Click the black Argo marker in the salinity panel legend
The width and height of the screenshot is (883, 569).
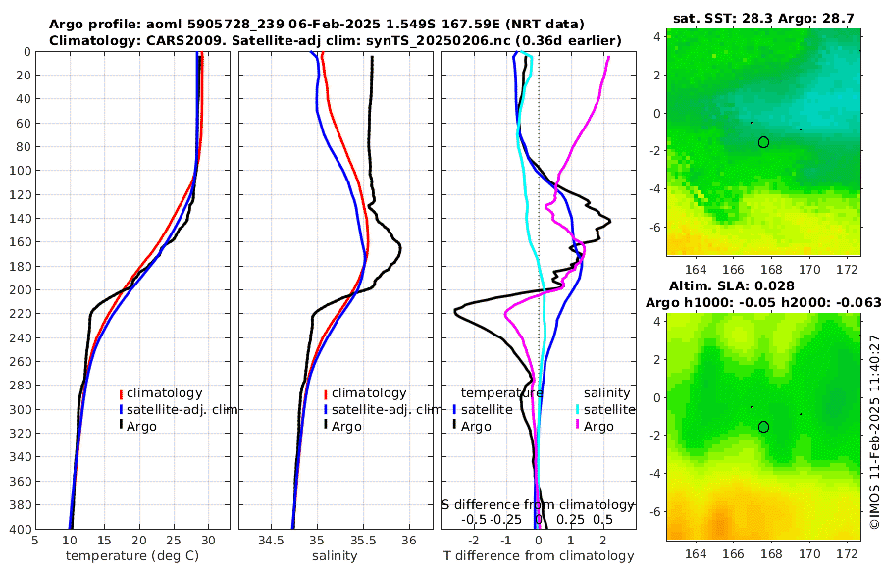pos(325,426)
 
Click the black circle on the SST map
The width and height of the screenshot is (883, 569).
pos(763,142)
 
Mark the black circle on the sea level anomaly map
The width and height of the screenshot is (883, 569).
pos(763,427)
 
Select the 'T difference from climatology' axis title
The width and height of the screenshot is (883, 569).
pos(538,556)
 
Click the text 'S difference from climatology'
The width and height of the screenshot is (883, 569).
pos(538,504)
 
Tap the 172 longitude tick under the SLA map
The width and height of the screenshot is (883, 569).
pos(851,554)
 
